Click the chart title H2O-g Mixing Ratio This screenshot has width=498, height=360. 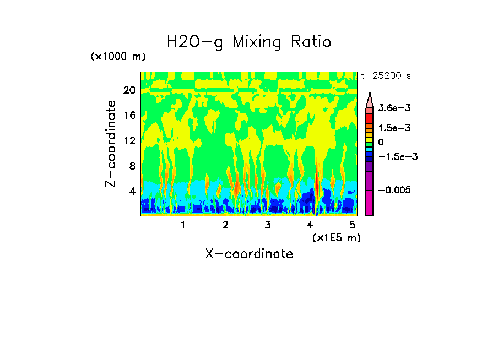pyautogui.click(x=249, y=42)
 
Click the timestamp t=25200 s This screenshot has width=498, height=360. pyautogui.click(x=386, y=76)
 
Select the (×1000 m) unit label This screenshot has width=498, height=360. pyautogui.click(x=118, y=57)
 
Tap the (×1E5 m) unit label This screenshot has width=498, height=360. pyautogui.click(x=336, y=237)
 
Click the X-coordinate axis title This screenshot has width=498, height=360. pyautogui.click(x=249, y=254)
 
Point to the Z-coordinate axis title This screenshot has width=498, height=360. pyautogui.click(x=111, y=143)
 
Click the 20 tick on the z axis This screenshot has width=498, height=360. pyautogui.click(x=129, y=90)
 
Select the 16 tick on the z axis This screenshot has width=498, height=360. pyautogui.click(x=129, y=116)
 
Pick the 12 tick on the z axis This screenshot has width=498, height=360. pyautogui.click(x=129, y=140)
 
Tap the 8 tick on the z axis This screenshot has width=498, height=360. pyautogui.click(x=132, y=166)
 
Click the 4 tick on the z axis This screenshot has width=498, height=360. pyautogui.click(x=132, y=191)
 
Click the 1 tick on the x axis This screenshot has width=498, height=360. pyautogui.click(x=183, y=225)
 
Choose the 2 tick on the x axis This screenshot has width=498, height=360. pyautogui.click(x=225, y=225)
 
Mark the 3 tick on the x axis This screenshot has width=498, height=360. pyautogui.click(x=268, y=225)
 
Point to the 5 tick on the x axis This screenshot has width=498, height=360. pyautogui.click(x=353, y=225)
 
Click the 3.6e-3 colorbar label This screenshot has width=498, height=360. pyautogui.click(x=394, y=108)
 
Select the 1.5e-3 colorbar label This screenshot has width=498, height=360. pyautogui.click(x=394, y=128)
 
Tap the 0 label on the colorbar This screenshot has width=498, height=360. pyautogui.click(x=381, y=143)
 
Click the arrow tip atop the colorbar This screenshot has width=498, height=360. pyautogui.click(x=370, y=94)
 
